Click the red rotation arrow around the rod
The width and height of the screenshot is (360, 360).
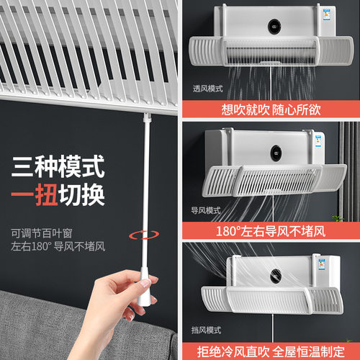click(144, 239)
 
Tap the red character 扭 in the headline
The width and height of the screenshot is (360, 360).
click(47, 194)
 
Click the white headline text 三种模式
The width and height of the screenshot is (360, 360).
click(58, 166)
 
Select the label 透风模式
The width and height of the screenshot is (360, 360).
click(208, 89)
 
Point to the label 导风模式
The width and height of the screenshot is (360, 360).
click(206, 210)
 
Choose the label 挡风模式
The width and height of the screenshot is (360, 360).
click(206, 330)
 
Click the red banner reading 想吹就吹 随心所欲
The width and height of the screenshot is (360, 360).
click(271, 109)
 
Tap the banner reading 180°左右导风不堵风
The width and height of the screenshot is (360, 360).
click(271, 231)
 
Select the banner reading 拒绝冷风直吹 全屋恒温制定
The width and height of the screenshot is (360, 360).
click(271, 351)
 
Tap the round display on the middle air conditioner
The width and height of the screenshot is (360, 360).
click(276, 153)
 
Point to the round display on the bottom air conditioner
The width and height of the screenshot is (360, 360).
click(276, 275)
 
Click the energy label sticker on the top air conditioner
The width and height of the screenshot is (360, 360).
click(326, 14)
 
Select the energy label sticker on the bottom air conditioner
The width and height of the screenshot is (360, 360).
click(322, 264)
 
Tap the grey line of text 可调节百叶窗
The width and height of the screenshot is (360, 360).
click(42, 233)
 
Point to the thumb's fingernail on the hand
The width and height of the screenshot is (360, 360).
click(145, 284)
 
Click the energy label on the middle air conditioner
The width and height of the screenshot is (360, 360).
click(318, 141)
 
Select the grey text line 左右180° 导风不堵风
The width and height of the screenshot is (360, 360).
click(58, 246)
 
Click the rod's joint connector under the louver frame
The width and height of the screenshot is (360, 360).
click(147, 117)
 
